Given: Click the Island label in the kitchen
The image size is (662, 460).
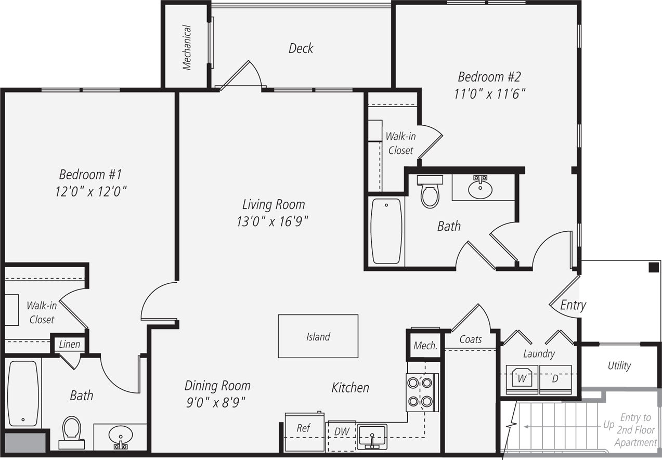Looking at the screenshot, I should click(x=318, y=337).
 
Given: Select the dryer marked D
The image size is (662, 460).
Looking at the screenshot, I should click(x=555, y=378).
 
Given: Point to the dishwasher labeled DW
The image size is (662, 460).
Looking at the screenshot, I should click(x=341, y=431).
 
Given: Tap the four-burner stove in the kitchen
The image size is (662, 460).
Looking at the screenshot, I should click(x=420, y=392).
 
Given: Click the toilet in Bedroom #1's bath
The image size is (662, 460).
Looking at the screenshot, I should click(x=71, y=431).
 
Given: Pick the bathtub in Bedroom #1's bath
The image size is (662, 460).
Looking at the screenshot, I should click(x=23, y=391).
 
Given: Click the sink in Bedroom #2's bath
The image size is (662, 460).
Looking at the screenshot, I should click(x=481, y=188).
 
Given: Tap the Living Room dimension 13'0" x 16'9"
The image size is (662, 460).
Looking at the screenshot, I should click(x=272, y=221).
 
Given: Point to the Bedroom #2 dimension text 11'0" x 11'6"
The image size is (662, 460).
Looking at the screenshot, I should click(x=489, y=94).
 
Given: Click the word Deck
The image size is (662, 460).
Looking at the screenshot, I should click(x=301, y=48).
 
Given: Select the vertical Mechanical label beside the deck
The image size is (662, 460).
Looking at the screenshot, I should click(x=187, y=48).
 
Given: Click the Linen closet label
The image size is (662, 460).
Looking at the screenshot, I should click(x=69, y=344).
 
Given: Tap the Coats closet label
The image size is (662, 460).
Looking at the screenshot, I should click(x=470, y=339).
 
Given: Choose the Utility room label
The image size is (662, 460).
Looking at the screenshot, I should click(x=619, y=365).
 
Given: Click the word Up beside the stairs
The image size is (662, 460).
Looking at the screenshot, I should click(x=608, y=425).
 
